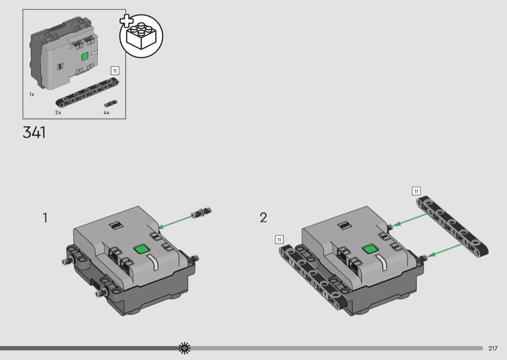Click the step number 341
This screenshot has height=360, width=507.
pos(34,132)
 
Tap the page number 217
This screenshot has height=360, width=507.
pos(493,348)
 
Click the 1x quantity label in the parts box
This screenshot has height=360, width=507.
pos(32,95)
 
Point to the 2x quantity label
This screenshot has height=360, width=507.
pos(58,112)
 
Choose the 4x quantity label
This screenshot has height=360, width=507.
pos(106,112)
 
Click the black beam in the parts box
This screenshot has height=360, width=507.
pos(86,92)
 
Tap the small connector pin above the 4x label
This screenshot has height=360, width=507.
pos(111,104)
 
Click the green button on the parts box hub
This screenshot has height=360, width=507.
pos(84,57)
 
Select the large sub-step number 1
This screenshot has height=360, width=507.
pos(45,218)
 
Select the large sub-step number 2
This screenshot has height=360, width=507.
pos(264,218)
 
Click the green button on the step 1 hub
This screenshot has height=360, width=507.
pos(141,249)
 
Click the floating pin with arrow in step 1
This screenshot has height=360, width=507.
pos(201,212)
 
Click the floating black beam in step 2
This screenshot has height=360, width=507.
pos(452,226)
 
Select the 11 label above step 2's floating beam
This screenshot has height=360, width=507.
pos(416,191)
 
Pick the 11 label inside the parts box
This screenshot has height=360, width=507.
pos(115,71)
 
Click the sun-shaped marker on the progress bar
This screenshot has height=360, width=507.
pos(184,348)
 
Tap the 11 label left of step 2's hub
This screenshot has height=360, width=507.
pos(279,239)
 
